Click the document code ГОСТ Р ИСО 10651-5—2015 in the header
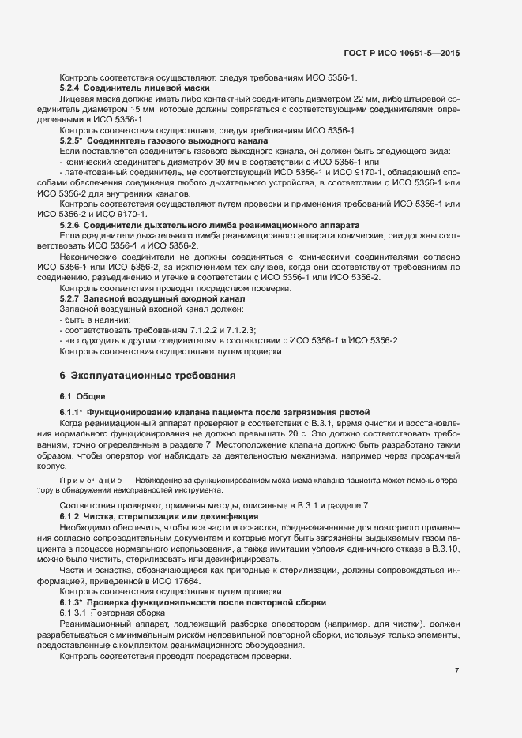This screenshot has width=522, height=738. (402, 54)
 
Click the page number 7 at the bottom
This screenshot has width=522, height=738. (457, 671)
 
